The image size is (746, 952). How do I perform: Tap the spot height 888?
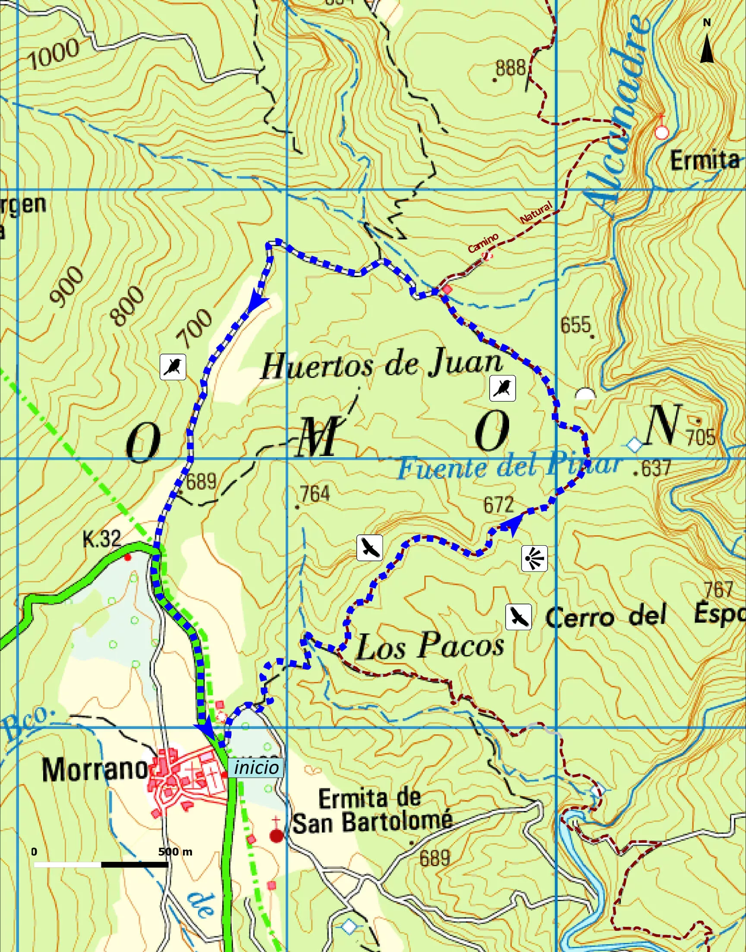click(510, 69)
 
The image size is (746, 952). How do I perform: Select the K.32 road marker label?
click(102, 539)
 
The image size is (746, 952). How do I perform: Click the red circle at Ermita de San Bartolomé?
click(276, 836)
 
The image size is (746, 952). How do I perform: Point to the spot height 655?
click(575, 325)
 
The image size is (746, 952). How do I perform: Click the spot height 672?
click(498, 505)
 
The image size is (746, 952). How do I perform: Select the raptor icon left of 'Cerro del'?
click(519, 617)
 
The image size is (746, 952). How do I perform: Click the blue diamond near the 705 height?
click(634, 446)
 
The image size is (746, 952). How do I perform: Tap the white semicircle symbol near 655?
click(585, 394)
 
